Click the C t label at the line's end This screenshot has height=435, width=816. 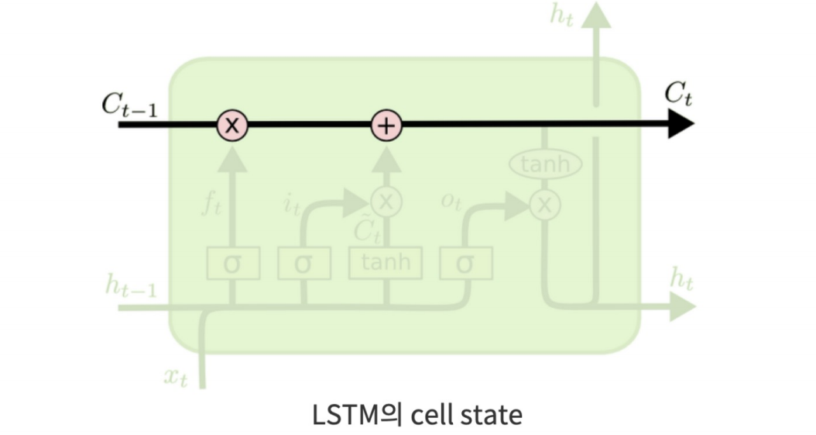tap(678, 96)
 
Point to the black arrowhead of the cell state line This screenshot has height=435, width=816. tap(681, 124)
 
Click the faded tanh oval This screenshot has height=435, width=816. tap(545, 164)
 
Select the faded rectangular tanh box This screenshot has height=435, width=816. tap(386, 263)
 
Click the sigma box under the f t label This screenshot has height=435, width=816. tap(231, 264)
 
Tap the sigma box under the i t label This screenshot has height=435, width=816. tap(303, 264)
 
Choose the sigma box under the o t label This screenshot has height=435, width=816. tap(465, 264)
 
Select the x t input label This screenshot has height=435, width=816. tap(176, 378)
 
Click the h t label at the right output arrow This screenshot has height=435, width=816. tap(681, 280)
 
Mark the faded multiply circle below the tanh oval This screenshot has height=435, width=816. tap(545, 204)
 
